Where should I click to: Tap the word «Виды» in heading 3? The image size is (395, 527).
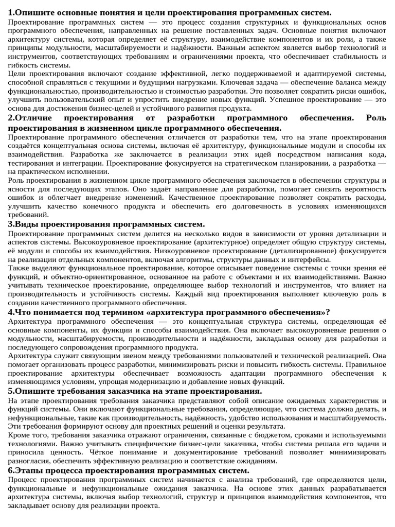point(26,224)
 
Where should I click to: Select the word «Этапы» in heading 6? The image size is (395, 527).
point(29,470)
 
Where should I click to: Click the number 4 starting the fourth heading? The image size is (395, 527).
point(11,312)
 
